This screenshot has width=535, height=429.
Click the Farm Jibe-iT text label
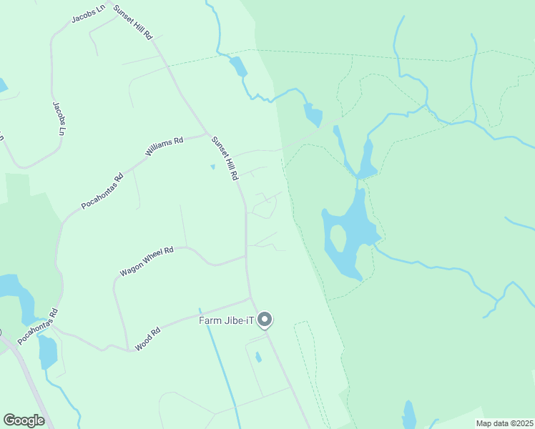click(227, 320)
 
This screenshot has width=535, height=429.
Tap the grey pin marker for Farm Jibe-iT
click(265, 320)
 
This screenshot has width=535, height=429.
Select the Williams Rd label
click(165, 146)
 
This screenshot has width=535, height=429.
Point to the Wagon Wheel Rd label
click(147, 262)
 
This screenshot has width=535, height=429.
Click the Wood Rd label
click(148, 339)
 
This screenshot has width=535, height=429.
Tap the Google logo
click(24, 420)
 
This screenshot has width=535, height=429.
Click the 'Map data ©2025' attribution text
click(504, 423)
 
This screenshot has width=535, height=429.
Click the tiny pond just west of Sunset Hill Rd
click(212, 167)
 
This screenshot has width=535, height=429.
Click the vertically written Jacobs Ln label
click(59, 118)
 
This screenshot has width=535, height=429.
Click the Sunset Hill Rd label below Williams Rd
click(224, 158)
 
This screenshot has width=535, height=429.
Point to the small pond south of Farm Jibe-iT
click(258, 356)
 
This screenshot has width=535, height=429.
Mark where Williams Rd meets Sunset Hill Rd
click(208, 134)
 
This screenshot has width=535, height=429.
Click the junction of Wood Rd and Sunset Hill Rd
click(250, 297)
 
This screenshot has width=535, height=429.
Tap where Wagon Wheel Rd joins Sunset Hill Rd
click(246, 257)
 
